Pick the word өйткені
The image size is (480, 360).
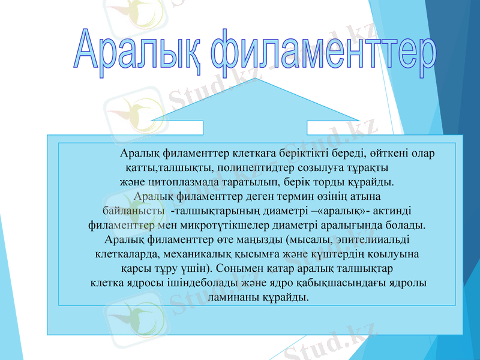(384, 153)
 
